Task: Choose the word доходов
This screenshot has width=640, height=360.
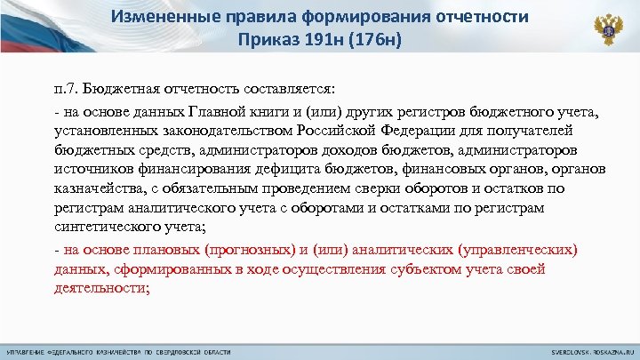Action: (331, 148)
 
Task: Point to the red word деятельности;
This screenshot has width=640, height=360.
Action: (100, 287)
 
